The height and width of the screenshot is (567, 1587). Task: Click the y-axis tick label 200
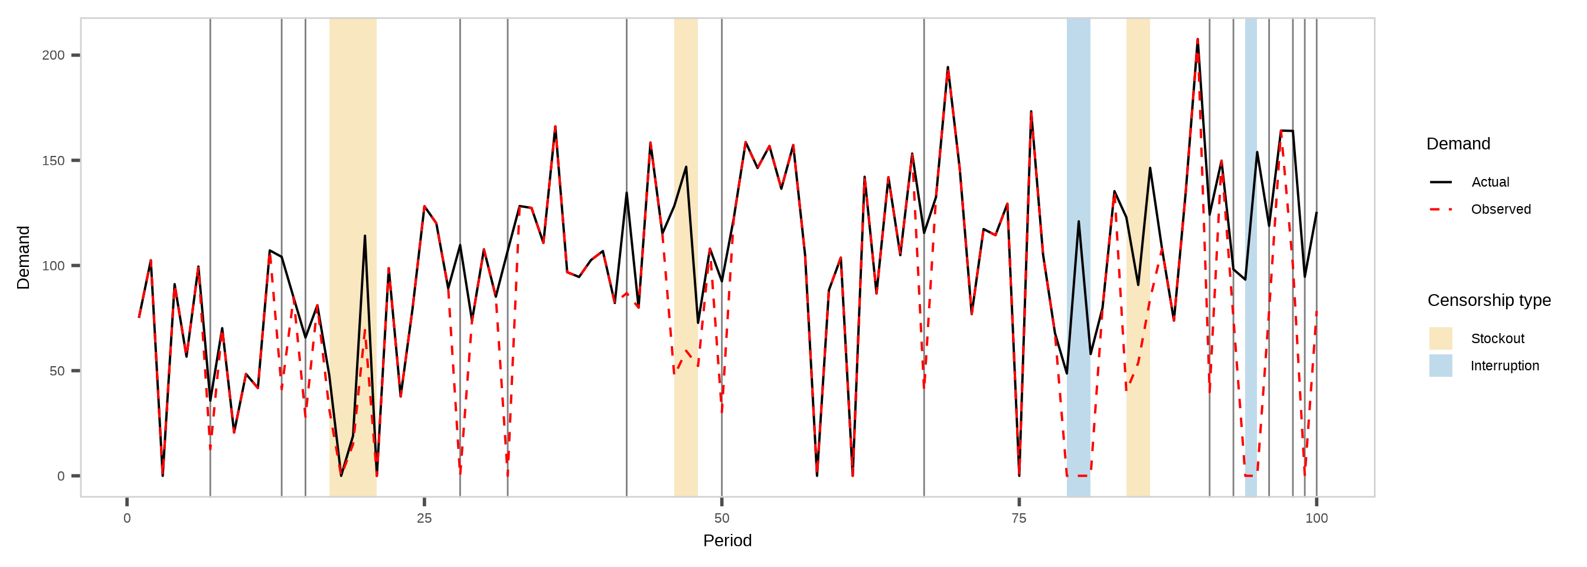tap(53, 56)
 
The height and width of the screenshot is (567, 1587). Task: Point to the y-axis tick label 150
tap(53, 161)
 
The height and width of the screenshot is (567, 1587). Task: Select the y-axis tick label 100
tap(53, 266)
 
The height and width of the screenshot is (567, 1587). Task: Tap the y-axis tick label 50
tap(56, 371)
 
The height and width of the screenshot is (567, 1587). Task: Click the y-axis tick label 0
tap(60, 477)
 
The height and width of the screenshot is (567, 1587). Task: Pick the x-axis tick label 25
tap(424, 519)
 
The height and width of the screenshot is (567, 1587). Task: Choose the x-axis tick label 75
tap(1019, 519)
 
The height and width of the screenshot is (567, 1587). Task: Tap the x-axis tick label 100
tap(1317, 519)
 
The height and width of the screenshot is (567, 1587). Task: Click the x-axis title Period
tap(727, 541)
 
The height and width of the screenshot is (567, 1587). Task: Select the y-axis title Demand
tap(24, 258)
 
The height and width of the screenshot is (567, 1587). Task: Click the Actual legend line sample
tap(1441, 183)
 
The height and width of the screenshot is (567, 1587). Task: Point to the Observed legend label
tap(1501, 210)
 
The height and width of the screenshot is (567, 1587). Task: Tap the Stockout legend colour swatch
tap(1441, 338)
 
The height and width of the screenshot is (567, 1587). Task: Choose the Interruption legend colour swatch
tap(1441, 366)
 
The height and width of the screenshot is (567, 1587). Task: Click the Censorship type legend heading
tap(1489, 300)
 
